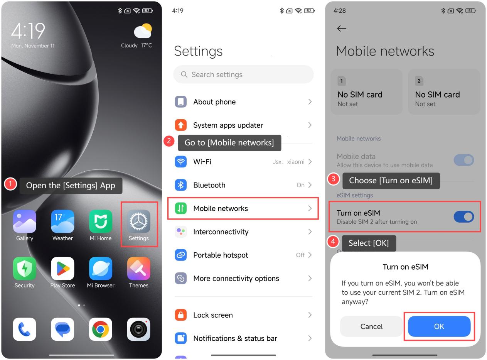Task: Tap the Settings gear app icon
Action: coord(138,221)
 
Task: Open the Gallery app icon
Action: coord(25,221)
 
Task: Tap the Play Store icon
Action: coord(62,268)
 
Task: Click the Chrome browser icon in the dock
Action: coord(101,329)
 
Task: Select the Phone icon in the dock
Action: coord(25,329)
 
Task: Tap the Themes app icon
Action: coord(138,268)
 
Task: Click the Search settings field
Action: coord(243,74)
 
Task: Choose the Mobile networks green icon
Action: coord(180,208)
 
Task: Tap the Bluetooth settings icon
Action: coord(180,185)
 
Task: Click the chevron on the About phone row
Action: coord(310,102)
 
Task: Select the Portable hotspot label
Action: coord(221,255)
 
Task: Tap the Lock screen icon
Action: coord(180,315)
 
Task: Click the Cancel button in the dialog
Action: coord(371,326)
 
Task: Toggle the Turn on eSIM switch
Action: coord(464,217)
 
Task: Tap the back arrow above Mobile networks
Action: coord(341,28)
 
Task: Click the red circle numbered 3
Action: coord(333,179)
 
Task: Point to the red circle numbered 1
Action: coord(10,184)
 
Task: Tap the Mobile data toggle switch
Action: coord(464,160)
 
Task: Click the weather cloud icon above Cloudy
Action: coord(143,31)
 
